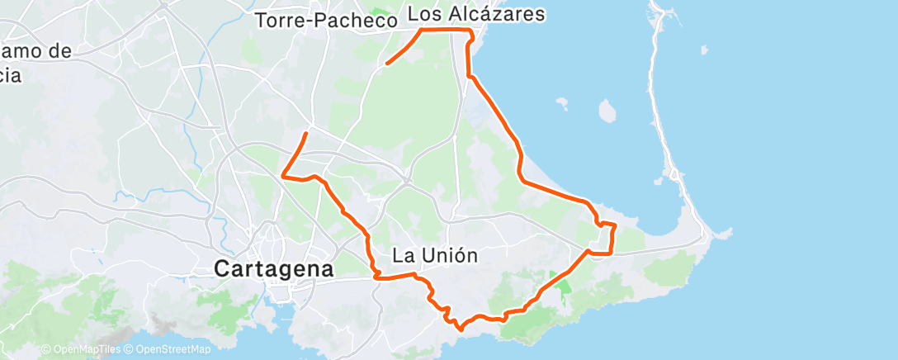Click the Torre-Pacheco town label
(x=327, y=21)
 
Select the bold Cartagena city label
(x=273, y=268)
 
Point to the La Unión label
(x=435, y=255)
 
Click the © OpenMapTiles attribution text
(x=81, y=350)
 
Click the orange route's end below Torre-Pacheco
(x=386, y=63)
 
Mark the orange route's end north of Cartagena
(x=307, y=133)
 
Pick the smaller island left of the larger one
(x=563, y=103)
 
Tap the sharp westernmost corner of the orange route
(x=283, y=174)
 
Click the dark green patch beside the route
(x=565, y=288)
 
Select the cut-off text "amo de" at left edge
(x=35, y=51)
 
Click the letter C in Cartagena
(x=222, y=268)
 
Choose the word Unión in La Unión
(x=451, y=255)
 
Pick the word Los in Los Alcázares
(x=424, y=14)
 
